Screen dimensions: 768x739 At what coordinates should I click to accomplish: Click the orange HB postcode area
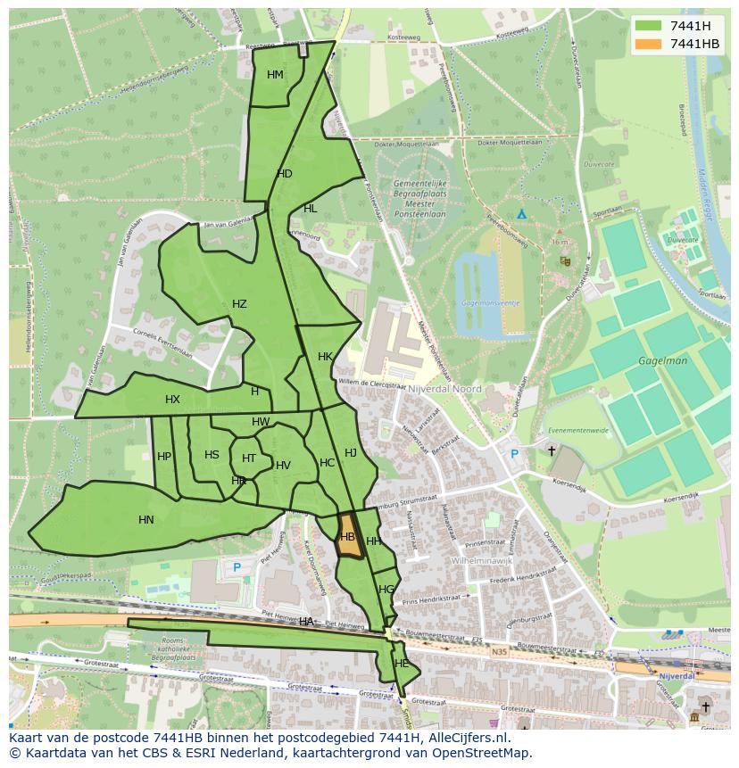(x=349, y=538)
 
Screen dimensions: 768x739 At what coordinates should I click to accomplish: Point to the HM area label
(x=275, y=75)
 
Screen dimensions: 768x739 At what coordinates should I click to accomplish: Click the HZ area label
(x=239, y=304)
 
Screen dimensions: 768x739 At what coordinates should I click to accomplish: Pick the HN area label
(x=146, y=520)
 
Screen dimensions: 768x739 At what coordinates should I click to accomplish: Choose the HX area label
(x=172, y=400)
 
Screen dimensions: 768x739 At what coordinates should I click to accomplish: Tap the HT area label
(x=249, y=458)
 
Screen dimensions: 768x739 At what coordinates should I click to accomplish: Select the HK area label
(x=325, y=357)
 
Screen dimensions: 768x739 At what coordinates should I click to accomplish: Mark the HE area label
(x=402, y=664)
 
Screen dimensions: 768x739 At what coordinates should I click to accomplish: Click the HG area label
(x=386, y=590)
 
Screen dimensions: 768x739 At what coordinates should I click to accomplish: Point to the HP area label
(x=164, y=457)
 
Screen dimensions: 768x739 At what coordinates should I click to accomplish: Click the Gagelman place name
(x=662, y=361)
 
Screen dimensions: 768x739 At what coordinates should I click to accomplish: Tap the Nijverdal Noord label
(x=444, y=389)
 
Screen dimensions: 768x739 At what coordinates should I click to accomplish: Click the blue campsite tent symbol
(x=522, y=214)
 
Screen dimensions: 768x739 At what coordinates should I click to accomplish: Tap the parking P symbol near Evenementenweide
(x=514, y=453)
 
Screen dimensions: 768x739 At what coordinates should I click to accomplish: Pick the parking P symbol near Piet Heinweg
(x=237, y=567)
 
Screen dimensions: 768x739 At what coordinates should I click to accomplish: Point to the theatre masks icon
(x=565, y=261)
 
